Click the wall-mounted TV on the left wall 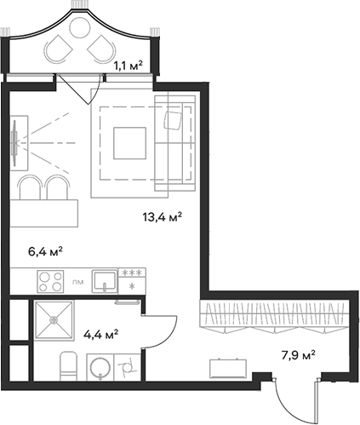[14, 143]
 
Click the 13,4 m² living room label [163, 217]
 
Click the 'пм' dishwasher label [77, 282]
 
